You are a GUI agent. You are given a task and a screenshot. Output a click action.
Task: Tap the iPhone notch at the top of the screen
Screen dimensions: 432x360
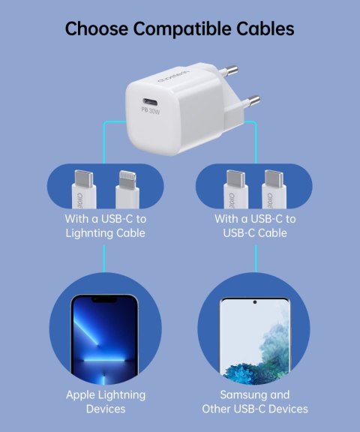point(103,301)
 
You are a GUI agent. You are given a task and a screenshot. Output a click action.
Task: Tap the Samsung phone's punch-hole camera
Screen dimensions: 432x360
point(254,301)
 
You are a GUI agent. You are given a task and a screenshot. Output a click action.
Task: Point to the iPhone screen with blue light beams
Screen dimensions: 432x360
point(103,337)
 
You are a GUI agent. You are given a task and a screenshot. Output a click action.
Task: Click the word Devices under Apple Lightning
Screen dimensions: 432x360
point(105,409)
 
